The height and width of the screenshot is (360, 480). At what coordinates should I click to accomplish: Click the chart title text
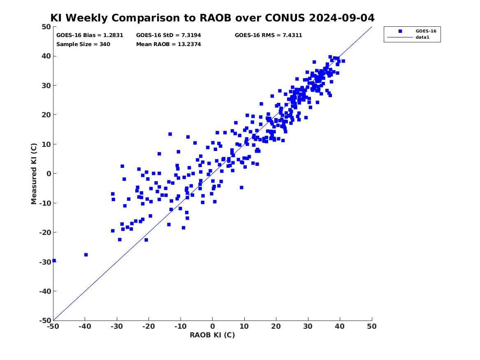point(212,18)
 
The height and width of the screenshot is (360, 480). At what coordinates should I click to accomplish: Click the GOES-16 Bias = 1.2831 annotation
point(90,35)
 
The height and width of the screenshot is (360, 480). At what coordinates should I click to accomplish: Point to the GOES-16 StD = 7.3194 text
point(168,35)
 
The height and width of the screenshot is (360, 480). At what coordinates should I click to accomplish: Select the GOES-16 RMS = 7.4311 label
point(269,35)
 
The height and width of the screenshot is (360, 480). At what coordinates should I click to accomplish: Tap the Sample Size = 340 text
point(83,44)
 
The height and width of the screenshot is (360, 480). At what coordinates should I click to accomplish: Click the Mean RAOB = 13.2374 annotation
point(168,44)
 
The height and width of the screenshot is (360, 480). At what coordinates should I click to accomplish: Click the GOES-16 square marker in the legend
point(400,31)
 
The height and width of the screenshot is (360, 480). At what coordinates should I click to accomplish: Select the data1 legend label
point(422,37)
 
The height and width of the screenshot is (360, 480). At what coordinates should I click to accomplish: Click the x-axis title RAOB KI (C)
point(212,335)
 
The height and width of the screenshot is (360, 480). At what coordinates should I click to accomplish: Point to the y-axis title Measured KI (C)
point(34,174)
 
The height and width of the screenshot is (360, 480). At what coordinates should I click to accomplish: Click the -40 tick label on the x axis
point(85,326)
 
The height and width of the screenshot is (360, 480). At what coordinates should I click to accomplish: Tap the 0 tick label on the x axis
point(213,326)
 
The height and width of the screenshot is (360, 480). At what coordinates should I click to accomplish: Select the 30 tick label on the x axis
point(308,326)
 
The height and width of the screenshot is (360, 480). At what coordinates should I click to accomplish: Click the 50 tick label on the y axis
point(46,27)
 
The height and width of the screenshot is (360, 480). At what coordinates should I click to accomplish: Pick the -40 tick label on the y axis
point(45,291)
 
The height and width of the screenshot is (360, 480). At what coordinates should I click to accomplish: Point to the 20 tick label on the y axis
point(46,115)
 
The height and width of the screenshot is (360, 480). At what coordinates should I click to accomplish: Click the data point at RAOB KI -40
point(86,255)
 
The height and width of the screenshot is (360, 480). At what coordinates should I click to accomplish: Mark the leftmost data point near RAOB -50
point(54,260)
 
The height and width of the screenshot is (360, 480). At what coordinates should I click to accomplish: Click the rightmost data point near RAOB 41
point(343,61)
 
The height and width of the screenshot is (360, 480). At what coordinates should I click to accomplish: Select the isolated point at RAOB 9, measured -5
point(241,187)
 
